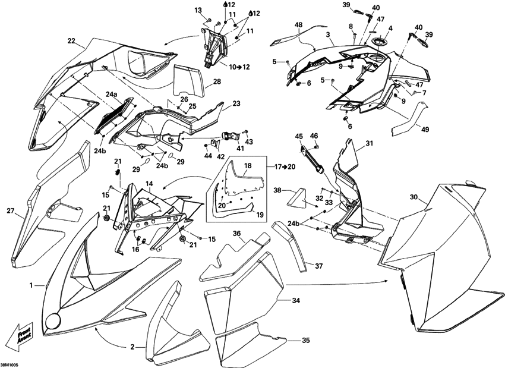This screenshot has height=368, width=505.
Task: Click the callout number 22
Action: coord(71,41)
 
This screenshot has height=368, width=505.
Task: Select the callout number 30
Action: coord(414,197)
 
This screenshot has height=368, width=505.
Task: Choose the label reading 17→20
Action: coord(284,166)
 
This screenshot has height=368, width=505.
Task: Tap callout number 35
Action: coord(306,341)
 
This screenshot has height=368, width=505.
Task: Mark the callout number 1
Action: coord(31,286)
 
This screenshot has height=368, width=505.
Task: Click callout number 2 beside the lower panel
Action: coord(132,347)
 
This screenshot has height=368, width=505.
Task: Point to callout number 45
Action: coord(298,136)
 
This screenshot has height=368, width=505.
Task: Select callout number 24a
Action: coord(112,95)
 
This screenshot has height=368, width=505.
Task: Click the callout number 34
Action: coord(296,301)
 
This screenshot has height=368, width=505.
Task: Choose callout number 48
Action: coord(298,25)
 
